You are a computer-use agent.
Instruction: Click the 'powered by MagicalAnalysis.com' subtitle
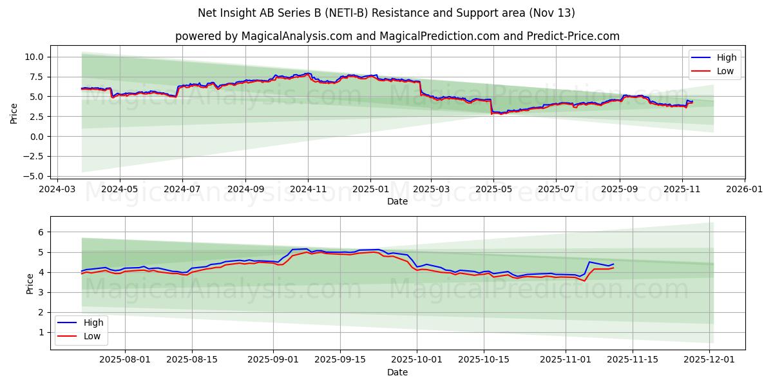click(397, 36)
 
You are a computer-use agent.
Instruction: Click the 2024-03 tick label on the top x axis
click(57, 190)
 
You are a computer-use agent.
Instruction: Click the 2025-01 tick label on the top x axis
click(370, 190)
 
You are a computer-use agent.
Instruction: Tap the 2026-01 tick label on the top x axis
click(745, 190)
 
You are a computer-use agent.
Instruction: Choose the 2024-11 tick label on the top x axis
click(308, 190)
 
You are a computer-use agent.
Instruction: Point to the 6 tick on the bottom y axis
click(41, 232)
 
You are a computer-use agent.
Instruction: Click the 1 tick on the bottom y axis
click(41, 332)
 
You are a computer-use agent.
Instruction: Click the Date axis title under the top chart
click(397, 201)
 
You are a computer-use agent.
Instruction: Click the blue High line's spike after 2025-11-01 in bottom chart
click(589, 262)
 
